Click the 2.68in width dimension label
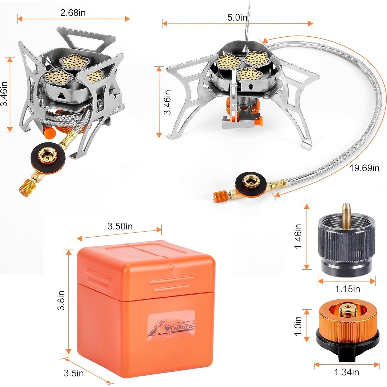73,13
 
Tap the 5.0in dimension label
237,17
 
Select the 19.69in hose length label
364,168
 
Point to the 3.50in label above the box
120,226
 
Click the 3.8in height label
61,300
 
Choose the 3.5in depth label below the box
74,373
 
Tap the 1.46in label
298,236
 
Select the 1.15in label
347,289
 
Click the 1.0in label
298,326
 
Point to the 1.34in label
346,372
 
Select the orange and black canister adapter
347,331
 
